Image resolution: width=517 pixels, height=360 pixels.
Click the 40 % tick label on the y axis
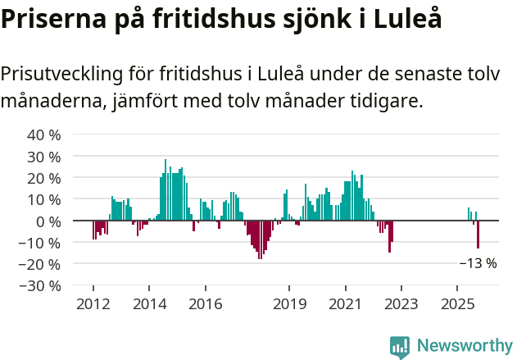(44, 134)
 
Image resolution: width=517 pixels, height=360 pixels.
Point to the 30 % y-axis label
(44, 156)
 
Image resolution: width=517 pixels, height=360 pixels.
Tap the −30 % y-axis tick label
(39, 285)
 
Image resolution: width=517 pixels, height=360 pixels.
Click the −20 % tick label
(39, 264)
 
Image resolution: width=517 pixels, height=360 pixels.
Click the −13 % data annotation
(478, 263)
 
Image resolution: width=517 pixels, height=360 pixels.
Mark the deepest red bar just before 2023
(389, 236)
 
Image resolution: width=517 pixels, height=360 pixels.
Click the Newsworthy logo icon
(400, 347)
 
